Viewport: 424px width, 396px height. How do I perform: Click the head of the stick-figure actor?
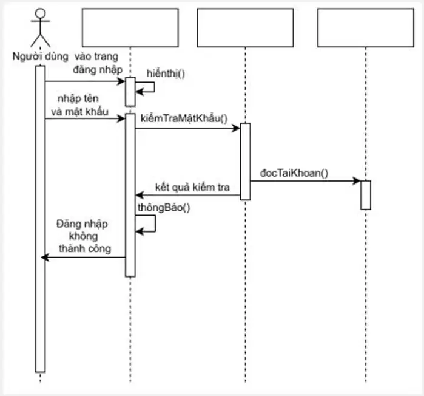pos(40,13)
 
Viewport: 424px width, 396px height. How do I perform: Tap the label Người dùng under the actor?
pos(41,56)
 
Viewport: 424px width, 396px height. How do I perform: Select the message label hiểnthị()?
pos(166,73)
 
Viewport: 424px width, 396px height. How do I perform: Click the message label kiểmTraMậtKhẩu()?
pos(184,118)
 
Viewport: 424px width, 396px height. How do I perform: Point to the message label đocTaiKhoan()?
pos(294,173)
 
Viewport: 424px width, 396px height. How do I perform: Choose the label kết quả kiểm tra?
pos(192,187)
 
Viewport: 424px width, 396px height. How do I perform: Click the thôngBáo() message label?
pos(164,208)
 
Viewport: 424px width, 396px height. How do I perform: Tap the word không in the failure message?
pos(83,236)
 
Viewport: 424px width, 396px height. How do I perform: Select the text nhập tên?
pos(78,98)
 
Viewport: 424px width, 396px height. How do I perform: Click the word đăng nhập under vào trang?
pos(98,70)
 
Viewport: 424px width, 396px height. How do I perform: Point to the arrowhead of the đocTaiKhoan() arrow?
pos(357,181)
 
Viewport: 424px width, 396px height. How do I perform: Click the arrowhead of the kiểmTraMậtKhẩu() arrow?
pos(237,128)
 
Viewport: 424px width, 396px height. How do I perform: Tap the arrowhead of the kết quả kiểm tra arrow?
pos(140,195)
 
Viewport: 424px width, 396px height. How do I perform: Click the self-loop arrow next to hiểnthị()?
pos(154,87)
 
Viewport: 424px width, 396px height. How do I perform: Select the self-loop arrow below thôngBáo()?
pos(155,224)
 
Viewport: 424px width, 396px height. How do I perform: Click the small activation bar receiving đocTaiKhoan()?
pos(366,195)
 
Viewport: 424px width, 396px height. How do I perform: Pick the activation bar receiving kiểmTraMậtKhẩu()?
pos(245,162)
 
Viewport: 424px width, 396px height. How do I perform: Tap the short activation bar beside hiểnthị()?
pos(130,92)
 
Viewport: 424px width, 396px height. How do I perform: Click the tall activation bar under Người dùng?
pos(40,219)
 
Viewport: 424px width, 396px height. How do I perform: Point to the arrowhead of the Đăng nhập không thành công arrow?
pos(45,258)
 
